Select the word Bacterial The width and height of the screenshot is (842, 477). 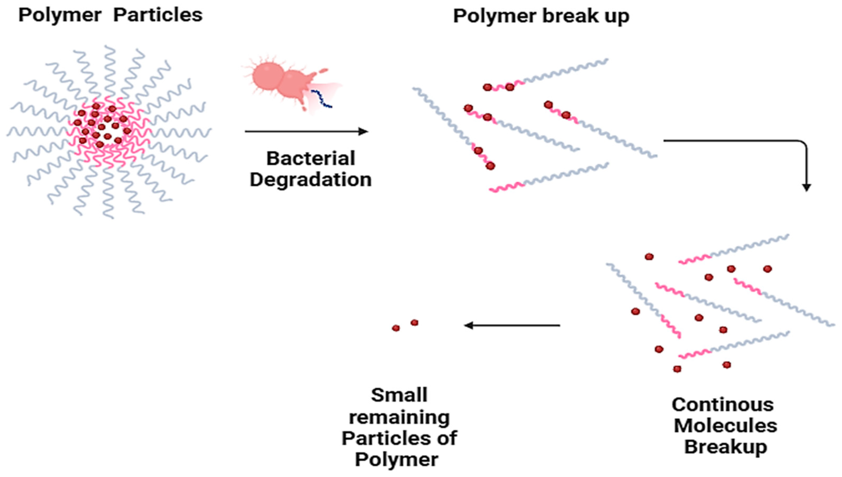click(310, 159)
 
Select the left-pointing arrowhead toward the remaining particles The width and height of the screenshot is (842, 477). click(469, 325)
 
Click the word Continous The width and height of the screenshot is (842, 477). click(723, 405)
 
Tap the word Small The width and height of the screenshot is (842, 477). click(399, 395)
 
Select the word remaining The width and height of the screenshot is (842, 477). click(399, 417)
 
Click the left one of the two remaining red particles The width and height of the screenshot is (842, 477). click(396, 328)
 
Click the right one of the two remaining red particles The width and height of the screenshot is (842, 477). click(414, 323)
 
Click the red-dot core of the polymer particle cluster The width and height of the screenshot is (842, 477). click(102, 126)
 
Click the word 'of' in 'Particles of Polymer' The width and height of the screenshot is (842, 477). click(447, 438)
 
